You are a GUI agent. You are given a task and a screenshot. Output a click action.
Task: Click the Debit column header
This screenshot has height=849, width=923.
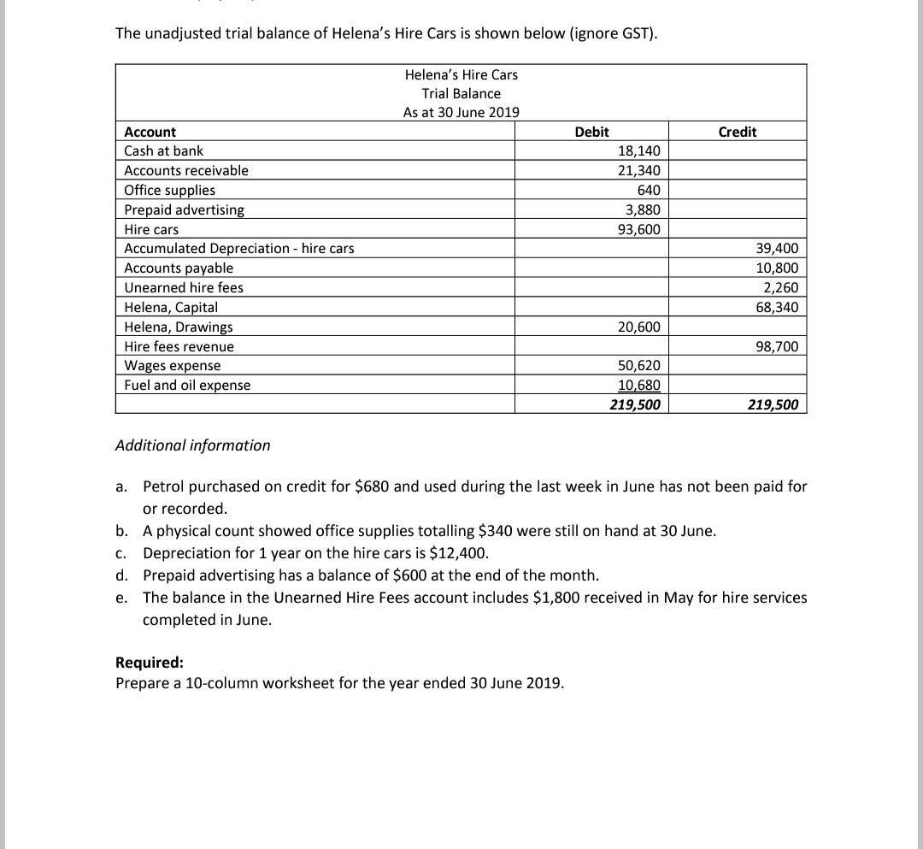point(591,132)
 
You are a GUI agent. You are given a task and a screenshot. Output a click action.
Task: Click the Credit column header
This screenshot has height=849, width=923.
point(737,132)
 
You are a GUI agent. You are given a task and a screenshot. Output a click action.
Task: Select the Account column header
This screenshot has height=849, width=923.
point(150,132)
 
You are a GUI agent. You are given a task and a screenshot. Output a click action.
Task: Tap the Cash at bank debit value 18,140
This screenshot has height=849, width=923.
point(638,150)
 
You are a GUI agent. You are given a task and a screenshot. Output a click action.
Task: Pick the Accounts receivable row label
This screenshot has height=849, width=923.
point(186,170)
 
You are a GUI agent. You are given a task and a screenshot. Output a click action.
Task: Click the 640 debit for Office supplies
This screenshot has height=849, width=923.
point(648,190)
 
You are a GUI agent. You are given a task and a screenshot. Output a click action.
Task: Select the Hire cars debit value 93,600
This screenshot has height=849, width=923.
point(638,229)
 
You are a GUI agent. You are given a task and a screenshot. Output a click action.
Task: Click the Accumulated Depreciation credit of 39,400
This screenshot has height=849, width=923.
point(777,249)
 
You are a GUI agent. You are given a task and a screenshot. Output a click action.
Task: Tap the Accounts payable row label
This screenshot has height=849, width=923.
point(179,268)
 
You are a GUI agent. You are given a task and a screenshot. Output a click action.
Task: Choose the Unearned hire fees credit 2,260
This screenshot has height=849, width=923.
point(780,288)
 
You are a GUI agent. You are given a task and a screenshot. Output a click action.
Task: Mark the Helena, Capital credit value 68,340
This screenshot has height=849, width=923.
point(777,307)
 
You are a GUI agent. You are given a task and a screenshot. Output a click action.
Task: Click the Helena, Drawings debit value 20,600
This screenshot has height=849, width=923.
point(638,327)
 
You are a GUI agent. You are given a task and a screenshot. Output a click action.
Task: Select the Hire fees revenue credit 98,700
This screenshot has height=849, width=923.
point(777,346)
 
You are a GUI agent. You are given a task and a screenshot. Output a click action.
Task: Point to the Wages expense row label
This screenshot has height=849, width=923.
point(173,366)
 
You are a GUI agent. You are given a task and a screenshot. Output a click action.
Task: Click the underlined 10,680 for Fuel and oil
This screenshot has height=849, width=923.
point(638,386)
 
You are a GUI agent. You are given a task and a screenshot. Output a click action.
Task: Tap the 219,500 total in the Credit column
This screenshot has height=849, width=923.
point(773,404)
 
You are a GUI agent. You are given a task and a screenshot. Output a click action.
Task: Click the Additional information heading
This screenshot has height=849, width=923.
point(193,445)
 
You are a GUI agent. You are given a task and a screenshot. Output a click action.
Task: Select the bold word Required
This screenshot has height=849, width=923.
point(149,663)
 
